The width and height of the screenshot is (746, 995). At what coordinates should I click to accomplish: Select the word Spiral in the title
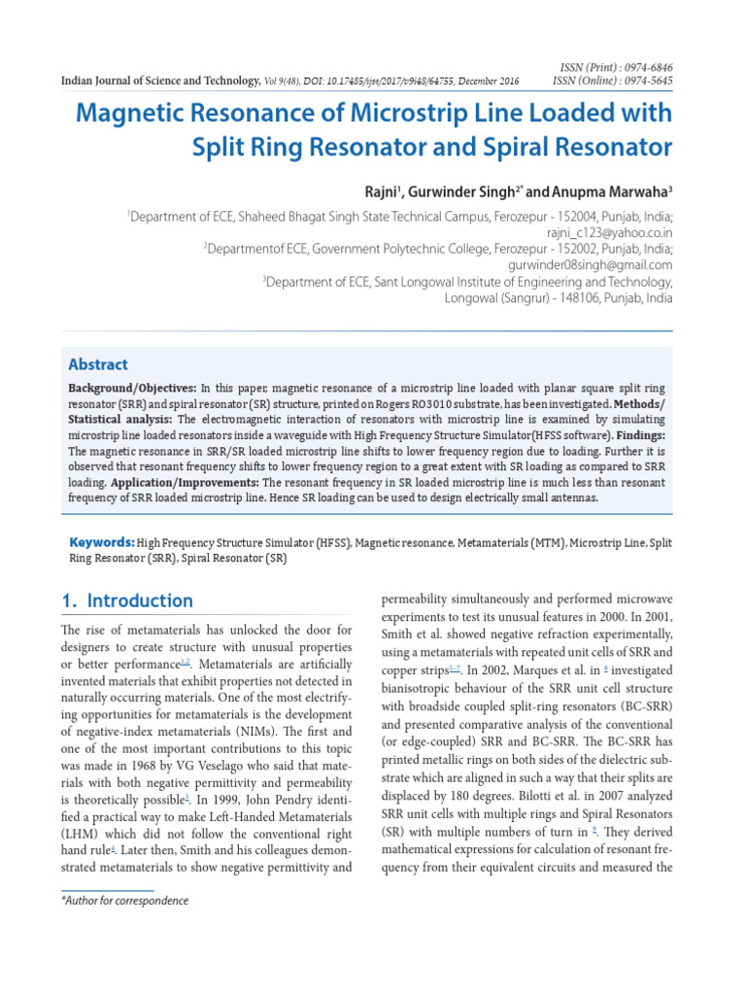point(460,148)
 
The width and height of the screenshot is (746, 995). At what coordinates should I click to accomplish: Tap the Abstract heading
point(97,364)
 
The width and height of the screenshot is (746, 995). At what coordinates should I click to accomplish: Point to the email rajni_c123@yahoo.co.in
point(609,233)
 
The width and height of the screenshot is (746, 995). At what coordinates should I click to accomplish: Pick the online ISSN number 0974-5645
point(646,81)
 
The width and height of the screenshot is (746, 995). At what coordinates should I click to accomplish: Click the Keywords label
point(101,541)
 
